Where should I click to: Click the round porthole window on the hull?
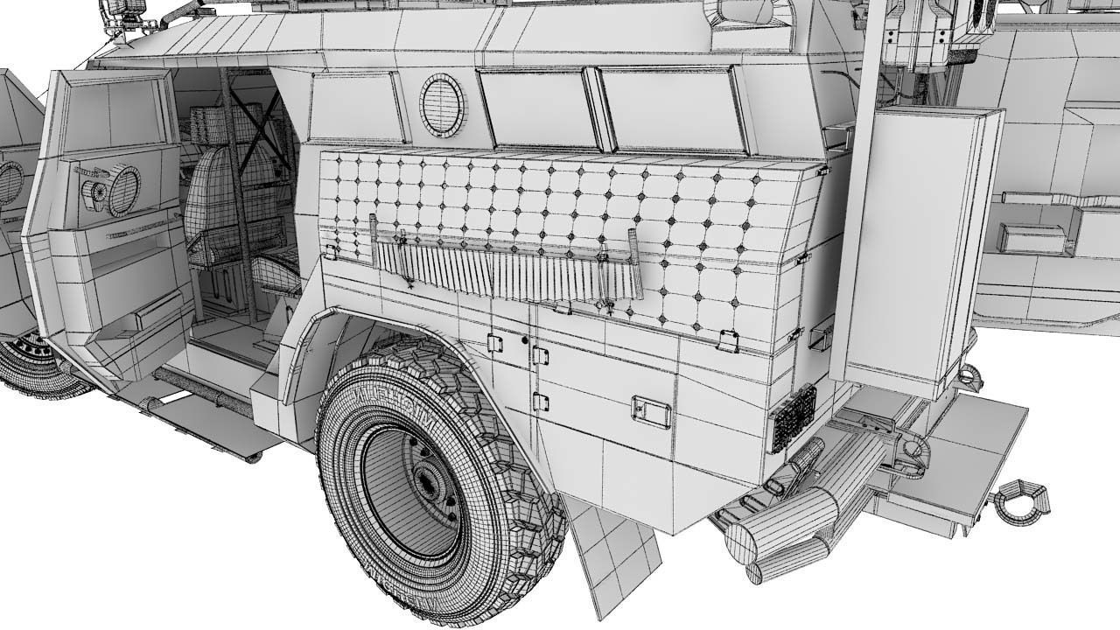(444, 104)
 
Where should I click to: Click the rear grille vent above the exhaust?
(793, 417)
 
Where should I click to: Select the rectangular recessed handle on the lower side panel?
(651, 410)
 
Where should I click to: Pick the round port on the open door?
(123, 190)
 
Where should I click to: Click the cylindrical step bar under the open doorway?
(197, 385)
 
